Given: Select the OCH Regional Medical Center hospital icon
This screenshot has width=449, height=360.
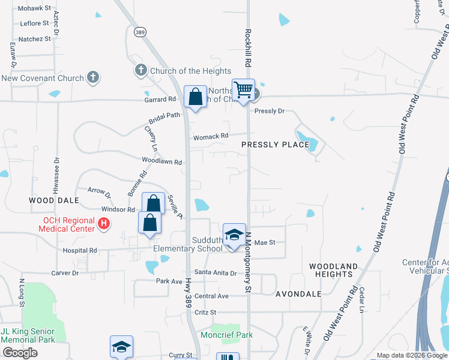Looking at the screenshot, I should coord(104,224).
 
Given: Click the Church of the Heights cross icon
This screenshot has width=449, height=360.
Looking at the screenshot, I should coord(141,71).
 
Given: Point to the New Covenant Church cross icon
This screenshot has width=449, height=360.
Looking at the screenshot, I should coord(92,77).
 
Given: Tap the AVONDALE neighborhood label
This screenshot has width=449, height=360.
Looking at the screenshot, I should coord(298,294).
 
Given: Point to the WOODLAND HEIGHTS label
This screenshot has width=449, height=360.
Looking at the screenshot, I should coord(333,270).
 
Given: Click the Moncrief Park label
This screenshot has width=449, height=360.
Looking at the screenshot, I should coord(226,335).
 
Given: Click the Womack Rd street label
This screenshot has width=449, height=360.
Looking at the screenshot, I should coord(211,136).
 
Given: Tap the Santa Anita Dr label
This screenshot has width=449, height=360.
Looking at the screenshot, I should coord(216,273).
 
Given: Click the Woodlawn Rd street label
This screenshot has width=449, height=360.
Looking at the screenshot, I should coord(161,161).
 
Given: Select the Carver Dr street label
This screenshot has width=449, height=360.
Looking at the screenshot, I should coord(65,273).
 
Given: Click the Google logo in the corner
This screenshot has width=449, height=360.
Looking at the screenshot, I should coord(20,353).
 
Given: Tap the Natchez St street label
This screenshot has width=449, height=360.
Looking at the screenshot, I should coord(35,39).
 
